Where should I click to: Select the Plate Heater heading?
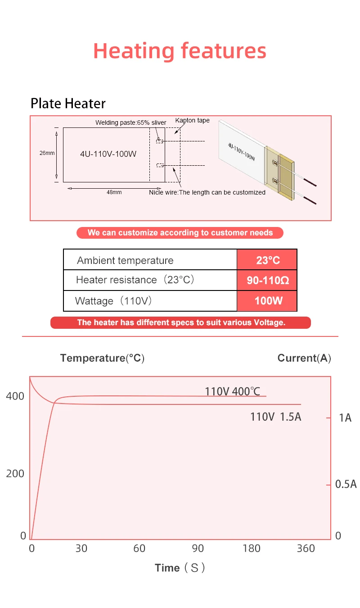coord(68,104)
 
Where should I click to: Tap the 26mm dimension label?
coord(47,153)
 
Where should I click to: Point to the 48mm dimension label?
coord(114,192)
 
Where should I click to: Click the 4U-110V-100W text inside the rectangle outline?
coord(108,154)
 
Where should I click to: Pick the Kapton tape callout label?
coord(192,121)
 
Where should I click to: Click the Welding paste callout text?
coord(130,123)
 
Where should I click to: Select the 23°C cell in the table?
coord(267,260)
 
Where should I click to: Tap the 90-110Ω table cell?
coord(267,281)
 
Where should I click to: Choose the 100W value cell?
coord(267,300)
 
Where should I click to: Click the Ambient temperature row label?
coord(125,260)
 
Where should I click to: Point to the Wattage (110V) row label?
coord(113,300)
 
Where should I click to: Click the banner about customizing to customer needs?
coord(180,233)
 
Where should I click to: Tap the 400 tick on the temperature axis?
coord(15,396)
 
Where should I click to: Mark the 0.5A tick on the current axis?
coord(346,484)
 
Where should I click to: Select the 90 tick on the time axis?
coord(198,549)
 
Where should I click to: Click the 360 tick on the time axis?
coord(306,549)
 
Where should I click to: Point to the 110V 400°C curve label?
coord(232,391)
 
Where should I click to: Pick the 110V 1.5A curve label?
coord(275,417)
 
